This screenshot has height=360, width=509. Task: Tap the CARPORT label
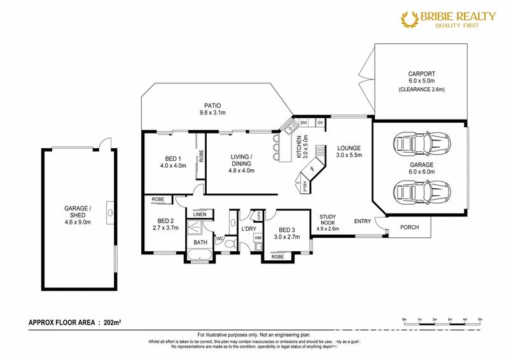pyautogui.click(x=421, y=74)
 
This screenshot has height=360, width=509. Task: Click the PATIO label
pyautogui.click(x=213, y=106)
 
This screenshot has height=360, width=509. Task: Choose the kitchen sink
pyautogui.click(x=291, y=128)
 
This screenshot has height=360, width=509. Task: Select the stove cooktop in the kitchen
pyautogui.click(x=319, y=152)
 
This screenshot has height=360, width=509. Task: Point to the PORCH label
pyautogui.click(x=410, y=227)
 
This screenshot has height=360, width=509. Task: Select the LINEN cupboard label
pyautogui.click(x=199, y=215)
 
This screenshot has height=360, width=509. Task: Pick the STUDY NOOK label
pyautogui.click(x=329, y=222)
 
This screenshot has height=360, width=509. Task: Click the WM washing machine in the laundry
pyautogui.click(x=258, y=238)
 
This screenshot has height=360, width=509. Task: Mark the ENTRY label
pyautogui.click(x=363, y=221)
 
